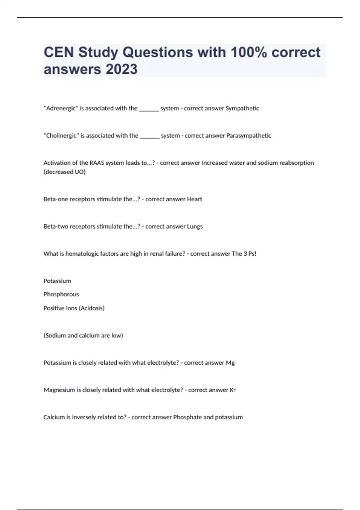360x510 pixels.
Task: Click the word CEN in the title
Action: pyautogui.click(x=59, y=52)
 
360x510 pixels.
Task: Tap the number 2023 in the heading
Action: pyautogui.click(x=121, y=69)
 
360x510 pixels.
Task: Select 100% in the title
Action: pyautogui.click(x=249, y=52)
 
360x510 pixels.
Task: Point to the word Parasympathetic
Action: pyautogui.click(x=249, y=136)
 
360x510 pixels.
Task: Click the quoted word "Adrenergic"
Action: pyautogui.click(x=61, y=108)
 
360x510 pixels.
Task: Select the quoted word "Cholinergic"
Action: pyautogui.click(x=61, y=136)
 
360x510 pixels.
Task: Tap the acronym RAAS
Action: pyautogui.click(x=97, y=163)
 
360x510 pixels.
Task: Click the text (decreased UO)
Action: pyautogui.click(x=64, y=172)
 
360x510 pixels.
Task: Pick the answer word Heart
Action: pyautogui.click(x=194, y=199)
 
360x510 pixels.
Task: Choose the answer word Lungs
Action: pyautogui.click(x=195, y=226)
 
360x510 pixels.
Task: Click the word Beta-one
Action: pyautogui.click(x=55, y=199)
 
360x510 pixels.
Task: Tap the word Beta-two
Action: pyautogui.click(x=56, y=226)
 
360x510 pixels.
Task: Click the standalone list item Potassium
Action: pyautogui.click(x=57, y=281)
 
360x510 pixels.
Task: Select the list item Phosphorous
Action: pyautogui.click(x=61, y=294)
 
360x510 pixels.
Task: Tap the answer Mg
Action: pyautogui.click(x=230, y=363)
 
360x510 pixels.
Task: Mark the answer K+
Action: pyautogui.click(x=233, y=390)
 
